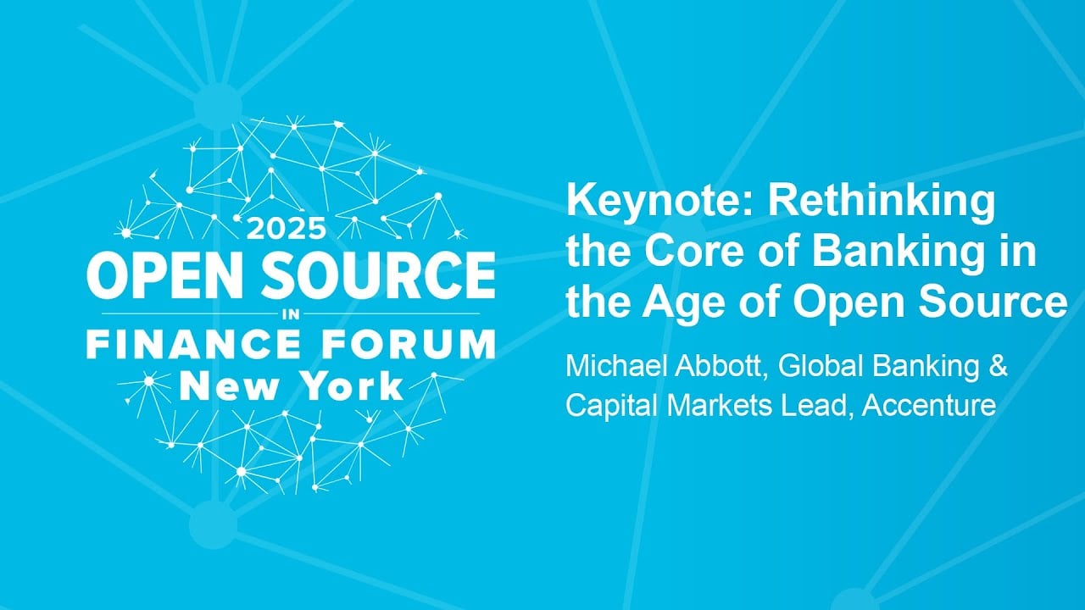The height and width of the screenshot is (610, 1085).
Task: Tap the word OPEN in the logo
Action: pyautogui.click(x=165, y=275)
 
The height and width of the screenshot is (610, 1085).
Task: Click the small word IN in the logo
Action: pyautogui.click(x=291, y=314)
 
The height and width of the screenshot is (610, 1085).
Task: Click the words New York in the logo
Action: pyautogui.click(x=291, y=386)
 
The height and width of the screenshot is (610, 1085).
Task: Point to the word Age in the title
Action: pyautogui.click(x=676, y=302)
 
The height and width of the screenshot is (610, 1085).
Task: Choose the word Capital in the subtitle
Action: pyautogui.click(x=613, y=406)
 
